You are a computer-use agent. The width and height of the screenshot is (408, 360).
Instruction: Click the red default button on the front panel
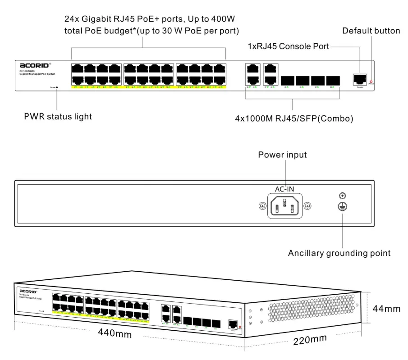[371, 82]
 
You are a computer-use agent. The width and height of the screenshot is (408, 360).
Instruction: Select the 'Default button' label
[371, 31]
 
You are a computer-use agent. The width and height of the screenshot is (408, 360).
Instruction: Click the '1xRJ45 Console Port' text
[289, 46]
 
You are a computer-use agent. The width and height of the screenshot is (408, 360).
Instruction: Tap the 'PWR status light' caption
[58, 117]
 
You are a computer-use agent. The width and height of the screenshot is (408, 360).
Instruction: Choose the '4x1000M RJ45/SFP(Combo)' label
[294, 119]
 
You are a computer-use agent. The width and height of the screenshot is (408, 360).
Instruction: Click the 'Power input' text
[282, 155]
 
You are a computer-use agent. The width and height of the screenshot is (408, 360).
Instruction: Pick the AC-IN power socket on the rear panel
[284, 206]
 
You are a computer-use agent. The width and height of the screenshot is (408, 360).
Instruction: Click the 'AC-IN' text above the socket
[285, 189]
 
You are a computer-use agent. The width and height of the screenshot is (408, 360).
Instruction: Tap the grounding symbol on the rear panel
[342, 206]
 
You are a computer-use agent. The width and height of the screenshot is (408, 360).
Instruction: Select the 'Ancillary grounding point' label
[339, 253]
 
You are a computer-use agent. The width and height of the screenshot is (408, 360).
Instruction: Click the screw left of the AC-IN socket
[262, 206]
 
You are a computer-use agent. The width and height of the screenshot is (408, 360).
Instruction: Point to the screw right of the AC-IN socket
[307, 206]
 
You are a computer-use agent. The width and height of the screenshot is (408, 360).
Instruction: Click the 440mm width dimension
[115, 333]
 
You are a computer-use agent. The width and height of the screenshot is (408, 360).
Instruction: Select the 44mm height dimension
[386, 309]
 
